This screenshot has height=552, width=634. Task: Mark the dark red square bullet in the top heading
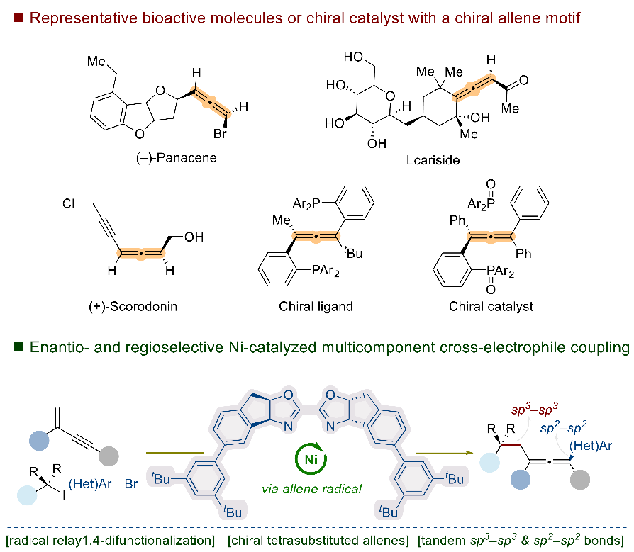coord(18,16)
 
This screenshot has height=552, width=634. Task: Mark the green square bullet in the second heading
coord(18,348)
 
